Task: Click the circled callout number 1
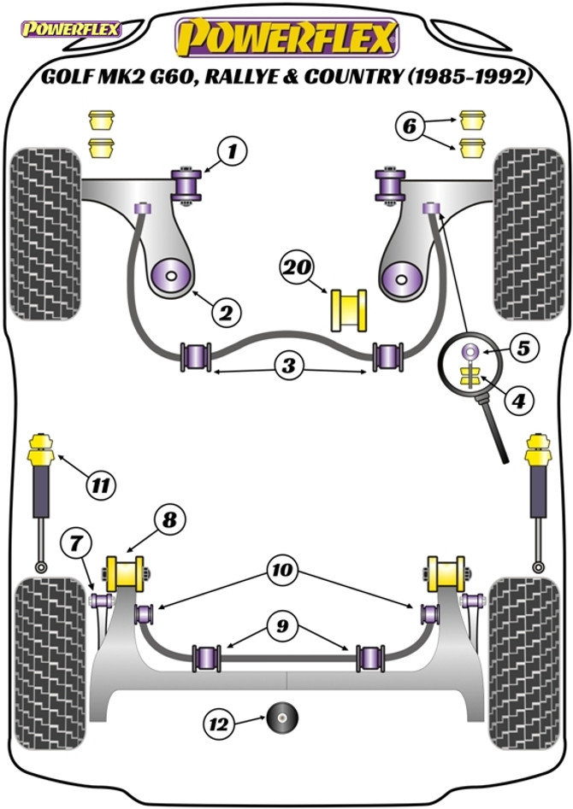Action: click(x=233, y=151)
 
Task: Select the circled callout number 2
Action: click(x=226, y=312)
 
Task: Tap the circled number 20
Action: click(x=296, y=267)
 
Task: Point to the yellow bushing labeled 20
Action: click(x=348, y=309)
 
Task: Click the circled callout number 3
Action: click(x=288, y=366)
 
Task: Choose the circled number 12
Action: click(x=219, y=724)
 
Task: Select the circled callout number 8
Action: click(x=169, y=519)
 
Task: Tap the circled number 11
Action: click(x=100, y=485)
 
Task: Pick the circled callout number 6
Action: click(x=409, y=126)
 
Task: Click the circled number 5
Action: click(x=523, y=349)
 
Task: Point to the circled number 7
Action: click(x=76, y=542)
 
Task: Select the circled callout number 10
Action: click(x=282, y=570)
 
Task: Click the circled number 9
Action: click(x=282, y=626)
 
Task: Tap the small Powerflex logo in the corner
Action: click(x=71, y=29)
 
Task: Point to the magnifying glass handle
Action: click(x=494, y=435)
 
